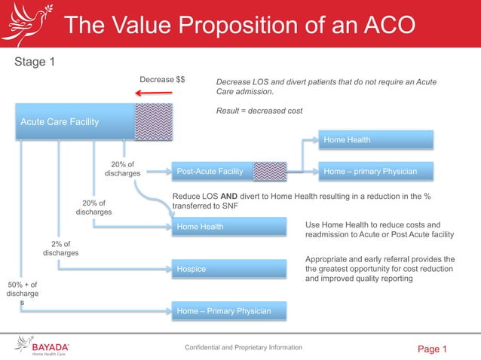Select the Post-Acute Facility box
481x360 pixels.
[x=211, y=172]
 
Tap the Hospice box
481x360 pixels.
[x=229, y=269]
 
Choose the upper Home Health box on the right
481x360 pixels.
[x=377, y=139]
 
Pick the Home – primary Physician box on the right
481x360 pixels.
[x=377, y=172]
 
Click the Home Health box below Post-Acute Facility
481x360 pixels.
[x=229, y=227]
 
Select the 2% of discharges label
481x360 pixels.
[x=60, y=249]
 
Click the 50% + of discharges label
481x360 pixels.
[x=22, y=293]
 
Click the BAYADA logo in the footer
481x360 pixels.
[x=44, y=348]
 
